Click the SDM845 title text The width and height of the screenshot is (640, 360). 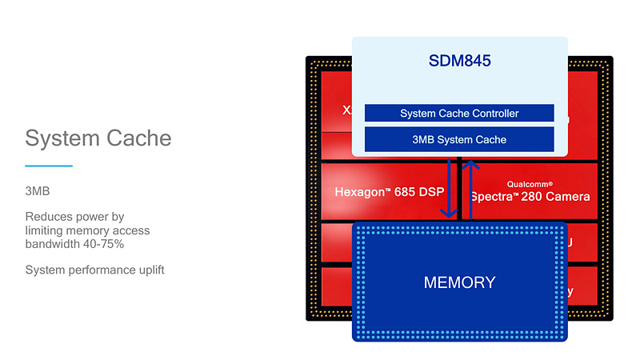[x=459, y=61]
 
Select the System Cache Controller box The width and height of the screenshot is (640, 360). [x=459, y=114]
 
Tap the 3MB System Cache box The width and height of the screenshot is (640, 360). [x=459, y=139]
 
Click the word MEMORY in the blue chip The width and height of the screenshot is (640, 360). [x=459, y=282]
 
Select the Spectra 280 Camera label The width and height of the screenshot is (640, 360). [x=530, y=196]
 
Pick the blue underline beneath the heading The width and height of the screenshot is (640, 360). [x=49, y=166]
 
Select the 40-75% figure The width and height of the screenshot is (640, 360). [x=103, y=243]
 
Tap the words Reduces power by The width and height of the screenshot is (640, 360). [x=74, y=217]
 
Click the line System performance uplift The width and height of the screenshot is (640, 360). [x=94, y=270]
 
